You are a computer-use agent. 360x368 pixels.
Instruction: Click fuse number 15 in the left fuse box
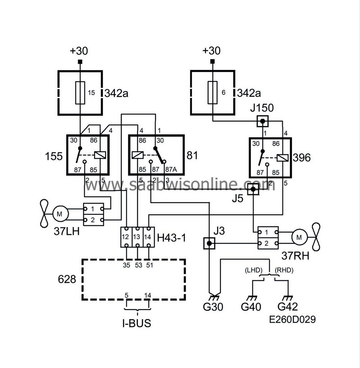click(x=80, y=93)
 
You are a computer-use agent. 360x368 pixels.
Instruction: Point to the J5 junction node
click(x=253, y=189)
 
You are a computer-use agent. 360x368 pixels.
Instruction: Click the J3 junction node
click(x=209, y=244)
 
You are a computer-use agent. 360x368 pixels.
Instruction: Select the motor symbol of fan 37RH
click(x=298, y=237)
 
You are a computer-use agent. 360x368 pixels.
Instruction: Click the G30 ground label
click(x=213, y=307)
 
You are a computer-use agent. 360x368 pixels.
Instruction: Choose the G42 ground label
click(x=288, y=307)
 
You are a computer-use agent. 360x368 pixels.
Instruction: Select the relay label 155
click(x=53, y=156)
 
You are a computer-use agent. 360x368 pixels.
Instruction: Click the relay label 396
click(x=301, y=158)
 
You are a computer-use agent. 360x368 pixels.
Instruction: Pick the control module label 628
click(x=67, y=279)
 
